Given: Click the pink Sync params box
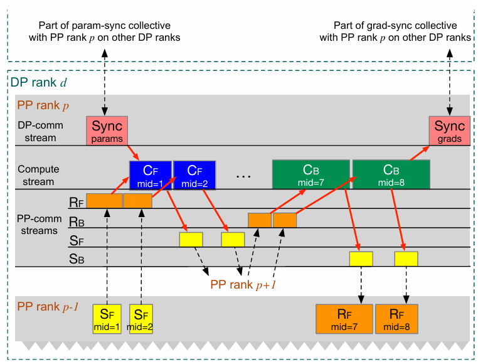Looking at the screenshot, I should point(107,130).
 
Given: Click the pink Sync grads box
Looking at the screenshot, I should point(449,130).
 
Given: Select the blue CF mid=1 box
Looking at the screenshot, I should point(150,175).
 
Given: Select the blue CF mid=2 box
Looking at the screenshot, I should point(194,175).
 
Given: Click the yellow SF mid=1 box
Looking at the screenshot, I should point(107,319).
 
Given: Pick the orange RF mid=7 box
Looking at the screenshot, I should point(344,319).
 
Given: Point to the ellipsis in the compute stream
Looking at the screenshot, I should point(243,176).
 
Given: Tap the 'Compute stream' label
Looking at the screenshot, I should point(36,175).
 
